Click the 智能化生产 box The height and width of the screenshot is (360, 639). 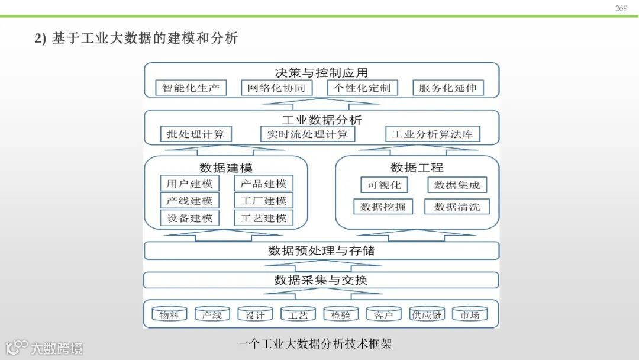[191, 88]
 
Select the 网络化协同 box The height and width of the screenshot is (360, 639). [276, 88]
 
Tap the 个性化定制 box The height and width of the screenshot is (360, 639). [362, 88]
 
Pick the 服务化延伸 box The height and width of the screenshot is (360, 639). [447, 88]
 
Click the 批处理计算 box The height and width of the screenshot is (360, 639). [196, 134]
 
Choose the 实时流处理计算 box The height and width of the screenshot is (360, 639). [307, 134]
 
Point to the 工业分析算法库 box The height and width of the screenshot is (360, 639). [433, 134]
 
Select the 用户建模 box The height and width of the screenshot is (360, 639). [189, 184]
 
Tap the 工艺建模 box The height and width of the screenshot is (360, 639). [263, 218]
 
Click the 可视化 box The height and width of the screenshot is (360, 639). [385, 185]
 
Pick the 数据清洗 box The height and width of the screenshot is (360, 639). [457, 207]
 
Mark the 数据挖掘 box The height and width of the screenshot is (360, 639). [383, 207]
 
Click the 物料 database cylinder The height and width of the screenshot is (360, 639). [169, 314]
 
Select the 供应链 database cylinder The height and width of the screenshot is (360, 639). [427, 314]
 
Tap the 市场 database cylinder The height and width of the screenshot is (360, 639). [470, 314]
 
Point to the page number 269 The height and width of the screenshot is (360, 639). [621, 8]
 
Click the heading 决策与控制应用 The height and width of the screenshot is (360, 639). [321, 73]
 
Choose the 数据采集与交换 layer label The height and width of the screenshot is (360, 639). [321, 279]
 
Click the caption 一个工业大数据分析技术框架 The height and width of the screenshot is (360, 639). [314, 343]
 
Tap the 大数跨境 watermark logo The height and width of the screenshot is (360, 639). [44, 348]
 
